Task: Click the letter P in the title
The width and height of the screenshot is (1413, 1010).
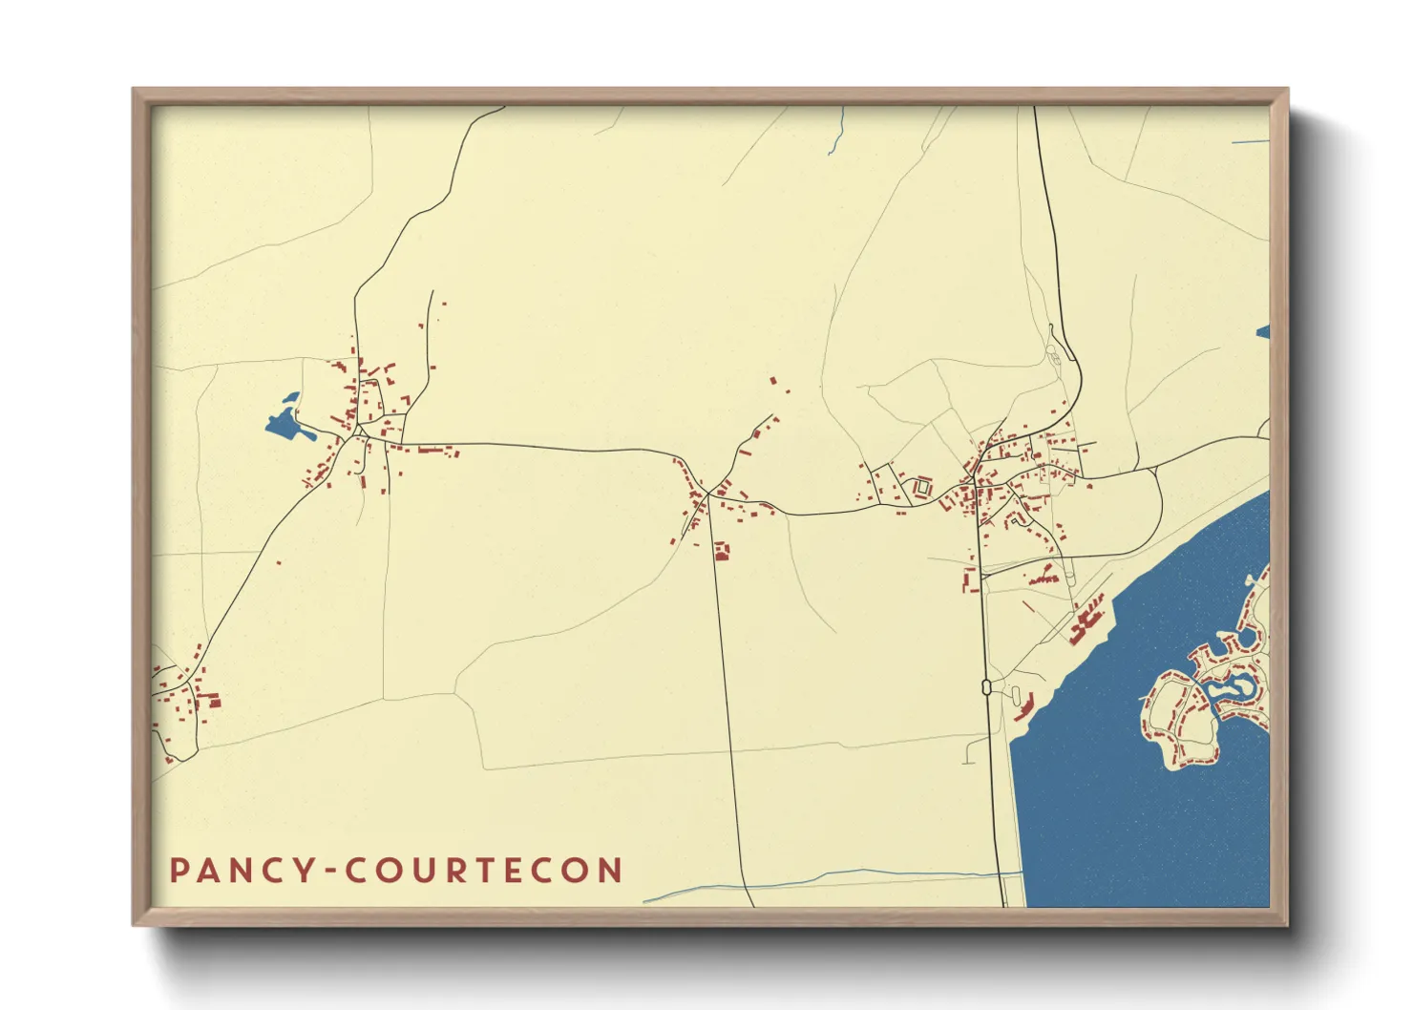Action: tap(179, 870)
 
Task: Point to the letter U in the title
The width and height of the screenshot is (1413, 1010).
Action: tap(430, 870)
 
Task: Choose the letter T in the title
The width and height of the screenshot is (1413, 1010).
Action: tap(497, 870)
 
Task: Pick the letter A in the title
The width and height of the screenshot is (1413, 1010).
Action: tap(208, 870)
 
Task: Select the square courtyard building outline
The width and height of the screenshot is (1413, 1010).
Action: tap(922, 487)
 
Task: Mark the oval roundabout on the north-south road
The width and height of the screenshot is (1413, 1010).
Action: tap(984, 685)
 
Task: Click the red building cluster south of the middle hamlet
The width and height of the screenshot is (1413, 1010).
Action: tap(722, 551)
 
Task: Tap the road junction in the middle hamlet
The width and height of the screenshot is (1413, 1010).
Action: tap(707, 494)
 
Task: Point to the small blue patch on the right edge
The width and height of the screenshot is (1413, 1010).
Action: tap(1263, 332)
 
